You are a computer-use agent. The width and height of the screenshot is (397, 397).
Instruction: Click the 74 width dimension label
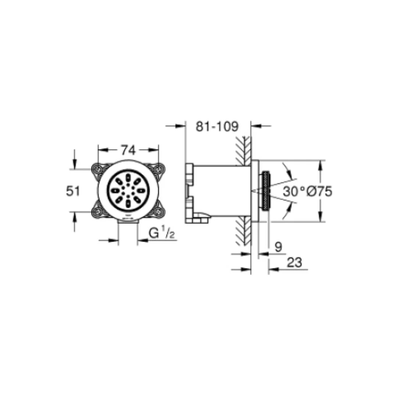[x=128, y=150]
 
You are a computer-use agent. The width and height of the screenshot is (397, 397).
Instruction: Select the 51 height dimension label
[x=73, y=191]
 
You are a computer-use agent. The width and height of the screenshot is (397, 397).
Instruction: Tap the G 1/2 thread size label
[x=162, y=233]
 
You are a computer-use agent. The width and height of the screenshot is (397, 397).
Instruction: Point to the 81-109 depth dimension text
[x=217, y=126]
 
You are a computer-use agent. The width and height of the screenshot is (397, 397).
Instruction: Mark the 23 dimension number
[x=294, y=262]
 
